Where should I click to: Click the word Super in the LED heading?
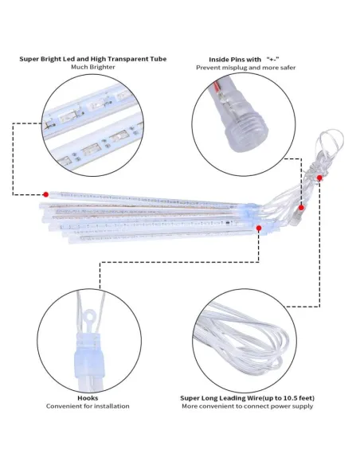point(28,59)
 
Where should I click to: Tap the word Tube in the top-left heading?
point(158,59)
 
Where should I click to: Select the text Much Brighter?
point(93,67)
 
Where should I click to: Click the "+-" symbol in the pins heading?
point(273,59)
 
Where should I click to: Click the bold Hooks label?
point(88,398)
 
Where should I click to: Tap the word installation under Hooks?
point(112,406)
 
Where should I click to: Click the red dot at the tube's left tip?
point(45,194)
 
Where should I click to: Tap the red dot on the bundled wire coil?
point(319,178)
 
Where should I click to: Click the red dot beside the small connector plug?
point(301,208)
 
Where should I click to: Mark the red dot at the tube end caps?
point(259,228)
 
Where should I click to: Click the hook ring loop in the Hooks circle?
point(89,315)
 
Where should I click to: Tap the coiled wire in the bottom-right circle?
point(241,338)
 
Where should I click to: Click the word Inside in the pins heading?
point(221,60)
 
